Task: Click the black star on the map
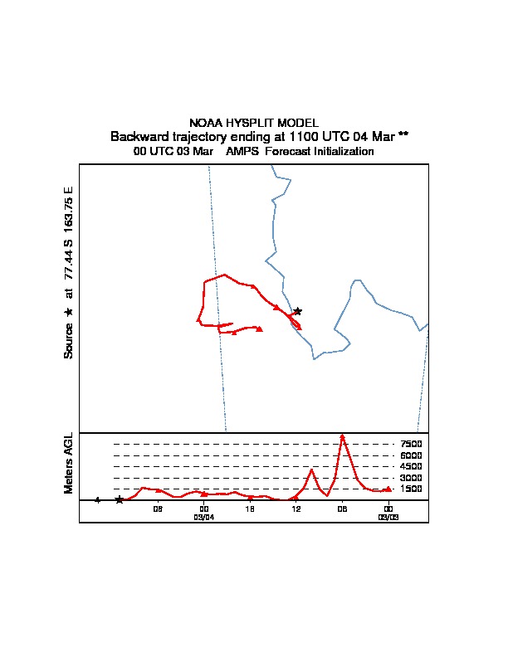coord(297,311)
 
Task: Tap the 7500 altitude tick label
coord(411,445)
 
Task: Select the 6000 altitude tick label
coord(411,455)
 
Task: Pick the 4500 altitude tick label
coord(411,467)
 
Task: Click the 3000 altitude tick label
coord(411,478)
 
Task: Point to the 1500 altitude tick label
coord(411,489)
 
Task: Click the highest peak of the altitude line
coord(342,435)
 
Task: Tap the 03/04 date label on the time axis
coord(204,517)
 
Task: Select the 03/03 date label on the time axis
coord(388,517)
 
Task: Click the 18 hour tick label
coord(250,509)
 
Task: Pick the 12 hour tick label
coord(296,509)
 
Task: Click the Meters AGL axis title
coord(69,463)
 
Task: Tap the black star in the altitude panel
coord(119,499)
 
